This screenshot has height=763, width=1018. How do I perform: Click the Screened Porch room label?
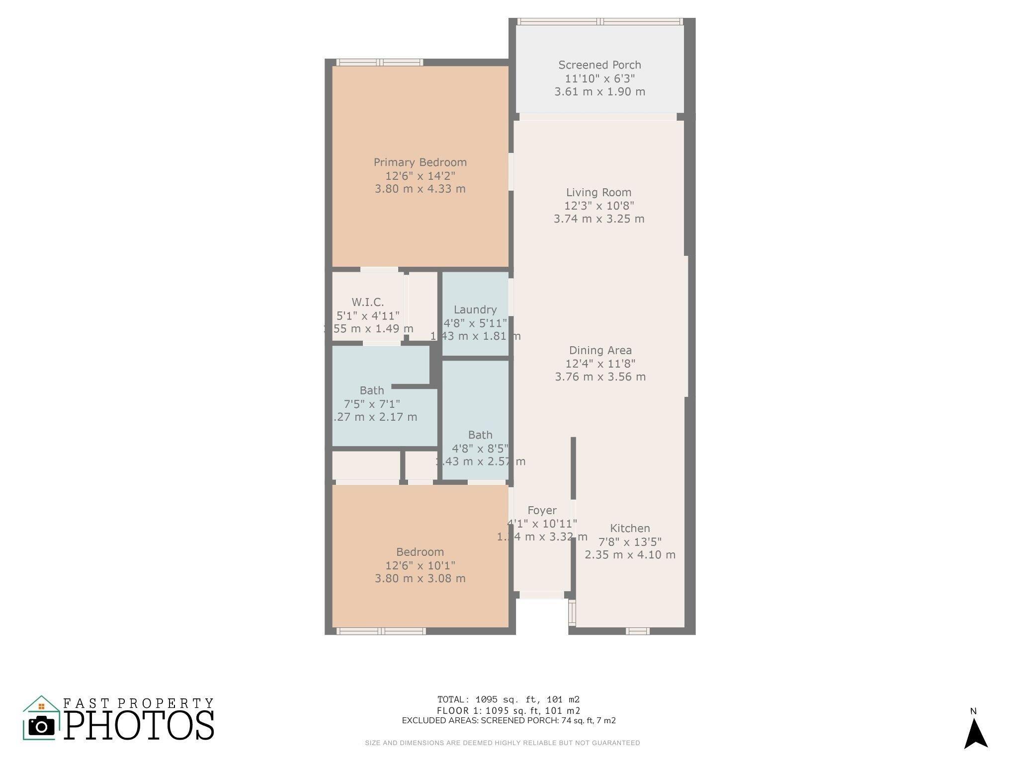coord(599,65)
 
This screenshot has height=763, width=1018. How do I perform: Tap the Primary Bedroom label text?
coord(420,162)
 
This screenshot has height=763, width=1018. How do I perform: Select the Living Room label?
coord(598,193)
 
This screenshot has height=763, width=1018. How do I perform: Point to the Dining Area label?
coord(600,351)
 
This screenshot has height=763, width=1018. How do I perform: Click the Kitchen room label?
coord(630,529)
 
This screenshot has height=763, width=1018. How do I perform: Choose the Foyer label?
coord(542,511)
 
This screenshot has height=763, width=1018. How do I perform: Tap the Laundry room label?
coord(475,310)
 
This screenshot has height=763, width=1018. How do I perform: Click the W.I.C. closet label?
coord(368,303)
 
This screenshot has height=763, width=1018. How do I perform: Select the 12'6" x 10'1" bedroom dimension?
coord(420,565)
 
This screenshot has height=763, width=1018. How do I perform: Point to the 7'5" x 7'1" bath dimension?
coord(372,404)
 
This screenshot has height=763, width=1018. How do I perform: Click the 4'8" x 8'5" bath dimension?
coord(480,449)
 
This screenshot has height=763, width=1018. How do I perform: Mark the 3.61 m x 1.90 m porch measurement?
coord(599,92)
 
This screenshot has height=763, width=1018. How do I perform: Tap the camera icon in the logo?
coord(42,726)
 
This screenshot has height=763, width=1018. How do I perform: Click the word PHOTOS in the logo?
coord(139,726)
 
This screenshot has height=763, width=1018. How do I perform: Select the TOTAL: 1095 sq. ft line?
coord(509,700)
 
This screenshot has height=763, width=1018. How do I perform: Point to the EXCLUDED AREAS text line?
coord(509,721)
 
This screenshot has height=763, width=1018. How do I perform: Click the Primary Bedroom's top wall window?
coord(380,63)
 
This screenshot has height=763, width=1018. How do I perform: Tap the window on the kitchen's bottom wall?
coord(637,631)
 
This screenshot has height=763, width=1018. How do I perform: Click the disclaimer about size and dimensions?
coord(503,743)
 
